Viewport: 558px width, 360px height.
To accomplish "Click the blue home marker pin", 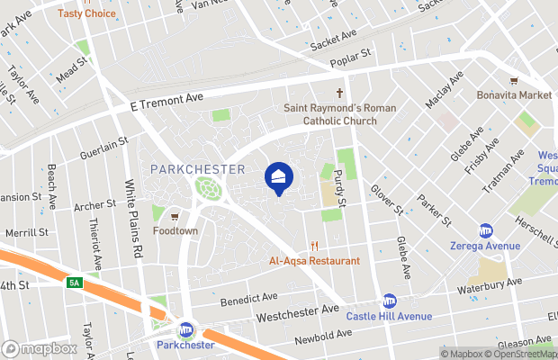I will [278, 176].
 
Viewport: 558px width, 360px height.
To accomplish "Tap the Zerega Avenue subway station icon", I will [485, 230].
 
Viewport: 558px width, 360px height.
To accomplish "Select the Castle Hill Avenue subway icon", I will [390, 301].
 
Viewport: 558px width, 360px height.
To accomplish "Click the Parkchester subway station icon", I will [185, 329].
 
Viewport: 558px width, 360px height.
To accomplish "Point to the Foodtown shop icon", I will [175, 216].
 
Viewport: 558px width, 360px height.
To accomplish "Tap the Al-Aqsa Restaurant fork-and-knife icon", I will [315, 245].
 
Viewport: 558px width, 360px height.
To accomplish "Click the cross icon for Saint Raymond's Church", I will [341, 94].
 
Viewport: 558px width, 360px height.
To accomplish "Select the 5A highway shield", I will [75, 283].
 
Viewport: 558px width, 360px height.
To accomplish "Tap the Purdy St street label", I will [340, 187].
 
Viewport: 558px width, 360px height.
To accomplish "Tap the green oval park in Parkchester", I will [209, 189].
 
